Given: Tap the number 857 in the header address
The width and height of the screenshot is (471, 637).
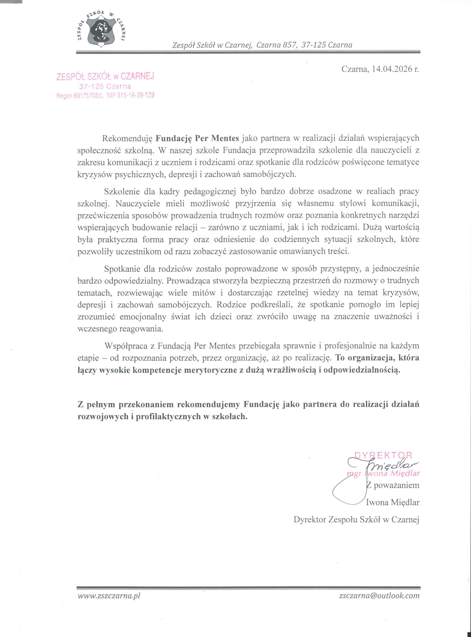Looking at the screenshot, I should click(x=288, y=45).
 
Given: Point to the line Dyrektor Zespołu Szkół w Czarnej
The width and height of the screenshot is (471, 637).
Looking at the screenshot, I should click(x=356, y=520).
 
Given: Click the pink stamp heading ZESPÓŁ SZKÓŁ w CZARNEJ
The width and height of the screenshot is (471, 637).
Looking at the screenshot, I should click(x=105, y=77).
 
